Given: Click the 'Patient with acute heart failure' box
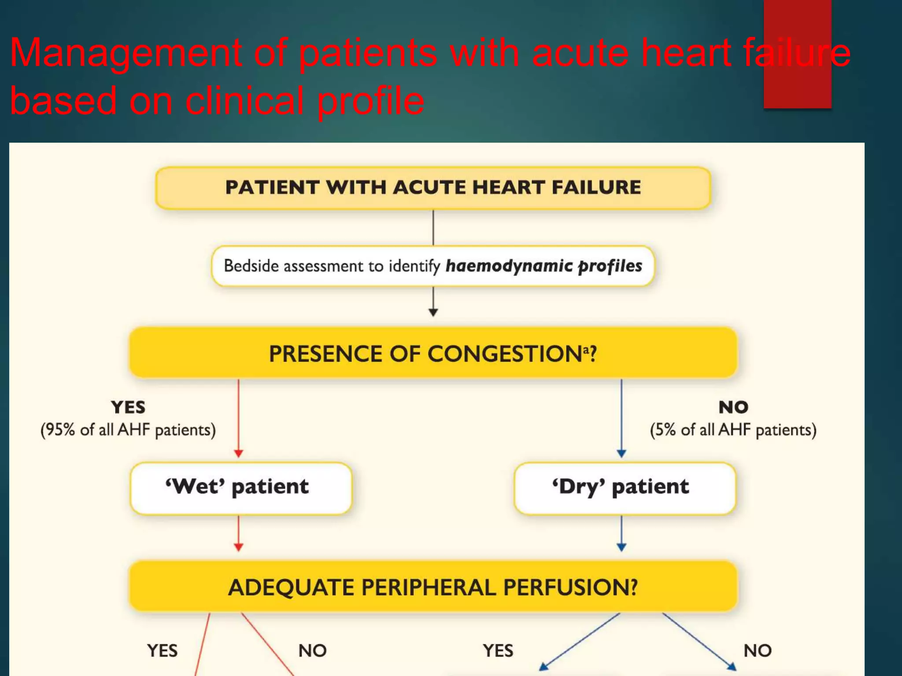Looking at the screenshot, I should point(433,187).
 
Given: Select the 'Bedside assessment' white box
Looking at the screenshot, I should point(433,266).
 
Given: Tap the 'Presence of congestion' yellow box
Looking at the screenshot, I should point(433,353).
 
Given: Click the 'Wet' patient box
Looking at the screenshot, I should point(240,488).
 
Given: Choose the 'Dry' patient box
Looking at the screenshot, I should point(625,488).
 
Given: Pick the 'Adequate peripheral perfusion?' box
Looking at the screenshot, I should point(433,587).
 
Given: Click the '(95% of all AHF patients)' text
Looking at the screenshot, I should point(128,430).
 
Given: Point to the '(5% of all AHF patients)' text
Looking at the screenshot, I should point(733,430).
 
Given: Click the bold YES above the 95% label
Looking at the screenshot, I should point(128,407).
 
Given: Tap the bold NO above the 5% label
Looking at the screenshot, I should point(733,407).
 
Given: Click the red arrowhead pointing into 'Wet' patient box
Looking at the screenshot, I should point(239,454).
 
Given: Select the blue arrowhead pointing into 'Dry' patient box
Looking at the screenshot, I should point(621,454).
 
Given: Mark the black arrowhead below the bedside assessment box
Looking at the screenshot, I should point(433,312).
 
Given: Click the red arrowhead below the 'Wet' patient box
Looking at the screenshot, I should point(239,547).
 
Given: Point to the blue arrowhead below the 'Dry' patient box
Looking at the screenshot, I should point(621,547).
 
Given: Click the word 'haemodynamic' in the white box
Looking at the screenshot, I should point(509,266).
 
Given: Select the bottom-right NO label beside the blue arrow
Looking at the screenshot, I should point(758,650).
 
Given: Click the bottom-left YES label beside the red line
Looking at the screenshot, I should point(163,650).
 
